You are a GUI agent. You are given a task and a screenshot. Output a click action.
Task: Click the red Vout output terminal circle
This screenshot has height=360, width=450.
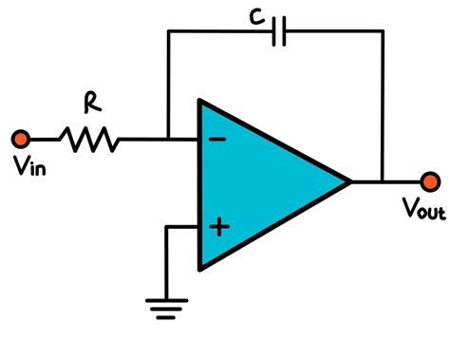pyautogui.click(x=430, y=180)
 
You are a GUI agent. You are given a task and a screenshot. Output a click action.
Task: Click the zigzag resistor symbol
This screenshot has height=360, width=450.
pyautogui.click(x=90, y=141)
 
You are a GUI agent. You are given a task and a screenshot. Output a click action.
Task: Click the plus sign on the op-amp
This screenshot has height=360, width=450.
pyautogui.click(x=219, y=226)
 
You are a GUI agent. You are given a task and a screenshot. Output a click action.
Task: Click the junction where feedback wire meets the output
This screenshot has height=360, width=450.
pyautogui.click(x=384, y=180)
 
